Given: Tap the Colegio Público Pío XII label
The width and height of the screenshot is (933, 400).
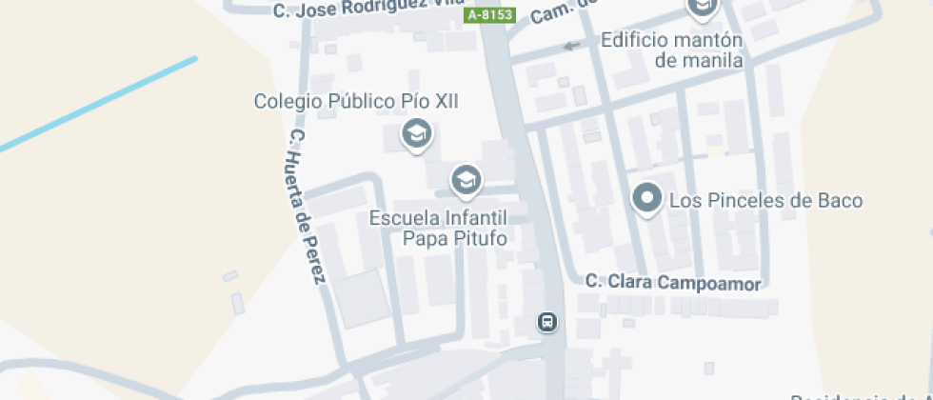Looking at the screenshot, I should pyautogui.click(x=356, y=101).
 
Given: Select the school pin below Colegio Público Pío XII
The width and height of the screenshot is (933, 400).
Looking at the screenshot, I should pyautogui.click(x=416, y=134).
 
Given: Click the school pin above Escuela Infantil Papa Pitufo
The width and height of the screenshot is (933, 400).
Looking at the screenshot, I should pyautogui.click(x=466, y=179).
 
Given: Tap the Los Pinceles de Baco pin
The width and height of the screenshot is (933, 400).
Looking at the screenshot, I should pyautogui.click(x=648, y=199).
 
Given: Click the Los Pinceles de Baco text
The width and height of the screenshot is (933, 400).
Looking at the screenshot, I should pyautogui.click(x=766, y=201).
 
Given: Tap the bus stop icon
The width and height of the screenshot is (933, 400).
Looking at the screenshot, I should pyautogui.click(x=548, y=322).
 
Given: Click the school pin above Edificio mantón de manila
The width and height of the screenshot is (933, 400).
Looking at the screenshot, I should pyautogui.click(x=703, y=9).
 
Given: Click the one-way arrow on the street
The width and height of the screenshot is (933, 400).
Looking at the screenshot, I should pyautogui.click(x=571, y=45).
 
